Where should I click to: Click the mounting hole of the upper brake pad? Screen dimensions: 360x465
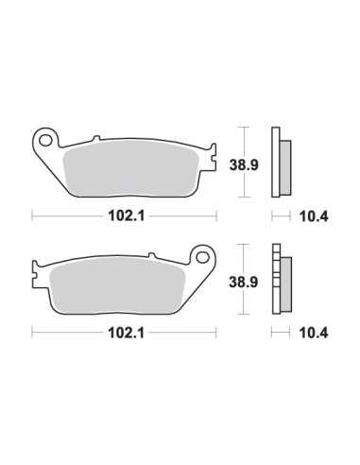point(46,140)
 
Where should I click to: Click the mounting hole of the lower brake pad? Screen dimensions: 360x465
point(202,257)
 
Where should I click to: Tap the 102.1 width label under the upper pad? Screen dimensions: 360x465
point(126,216)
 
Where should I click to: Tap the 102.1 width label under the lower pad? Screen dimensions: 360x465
point(126,333)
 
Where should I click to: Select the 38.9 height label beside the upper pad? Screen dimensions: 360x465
point(244,164)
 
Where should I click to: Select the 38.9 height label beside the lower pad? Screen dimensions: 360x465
point(244,282)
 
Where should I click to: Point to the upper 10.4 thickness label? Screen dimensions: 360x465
point(314,216)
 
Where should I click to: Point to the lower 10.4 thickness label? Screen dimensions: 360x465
point(314,333)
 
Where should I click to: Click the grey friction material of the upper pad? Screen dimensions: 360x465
point(130,168)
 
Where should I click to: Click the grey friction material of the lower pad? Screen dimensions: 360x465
point(117,285)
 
